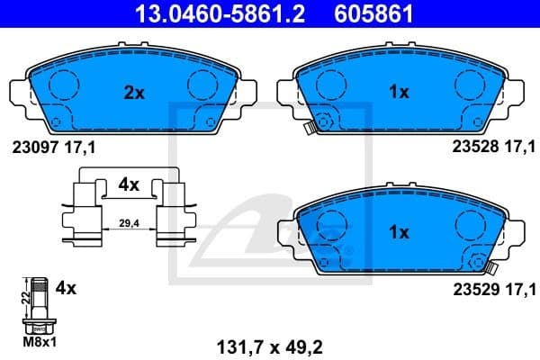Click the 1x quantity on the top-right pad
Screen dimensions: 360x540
pos(399,91)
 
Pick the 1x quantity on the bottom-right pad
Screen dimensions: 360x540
pos(399,231)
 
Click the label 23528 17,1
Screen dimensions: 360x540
pos(493,148)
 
